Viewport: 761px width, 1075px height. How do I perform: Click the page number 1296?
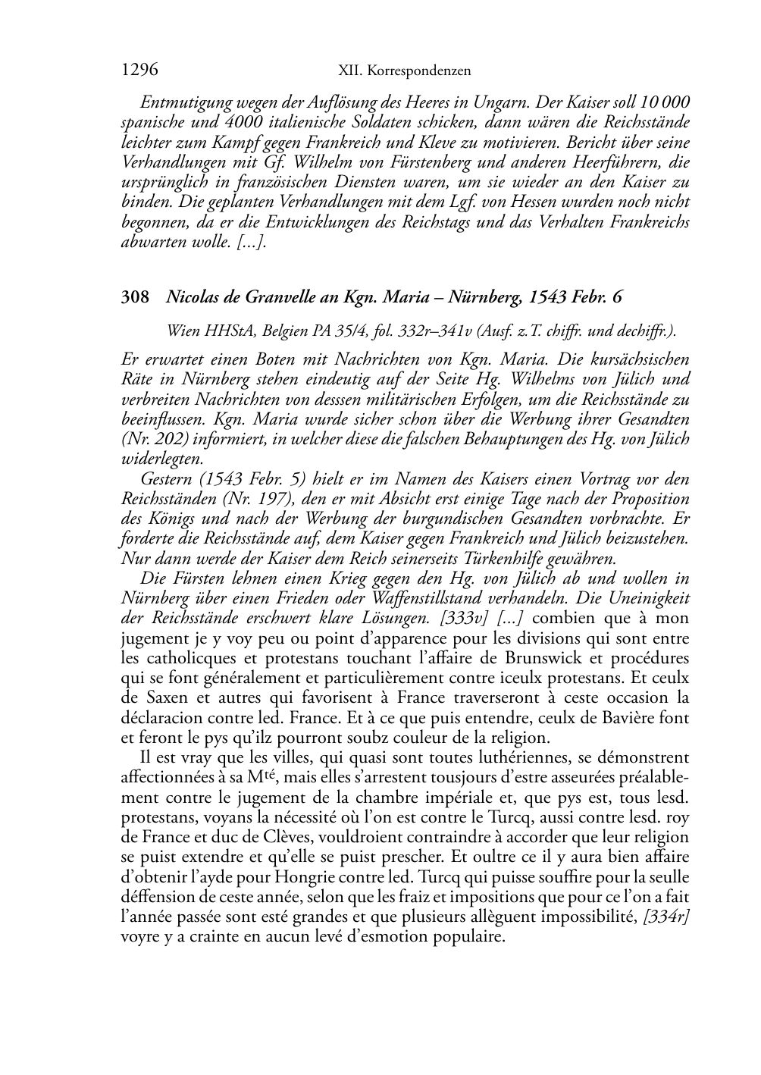click(139, 71)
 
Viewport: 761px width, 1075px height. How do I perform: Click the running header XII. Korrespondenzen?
click(404, 71)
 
